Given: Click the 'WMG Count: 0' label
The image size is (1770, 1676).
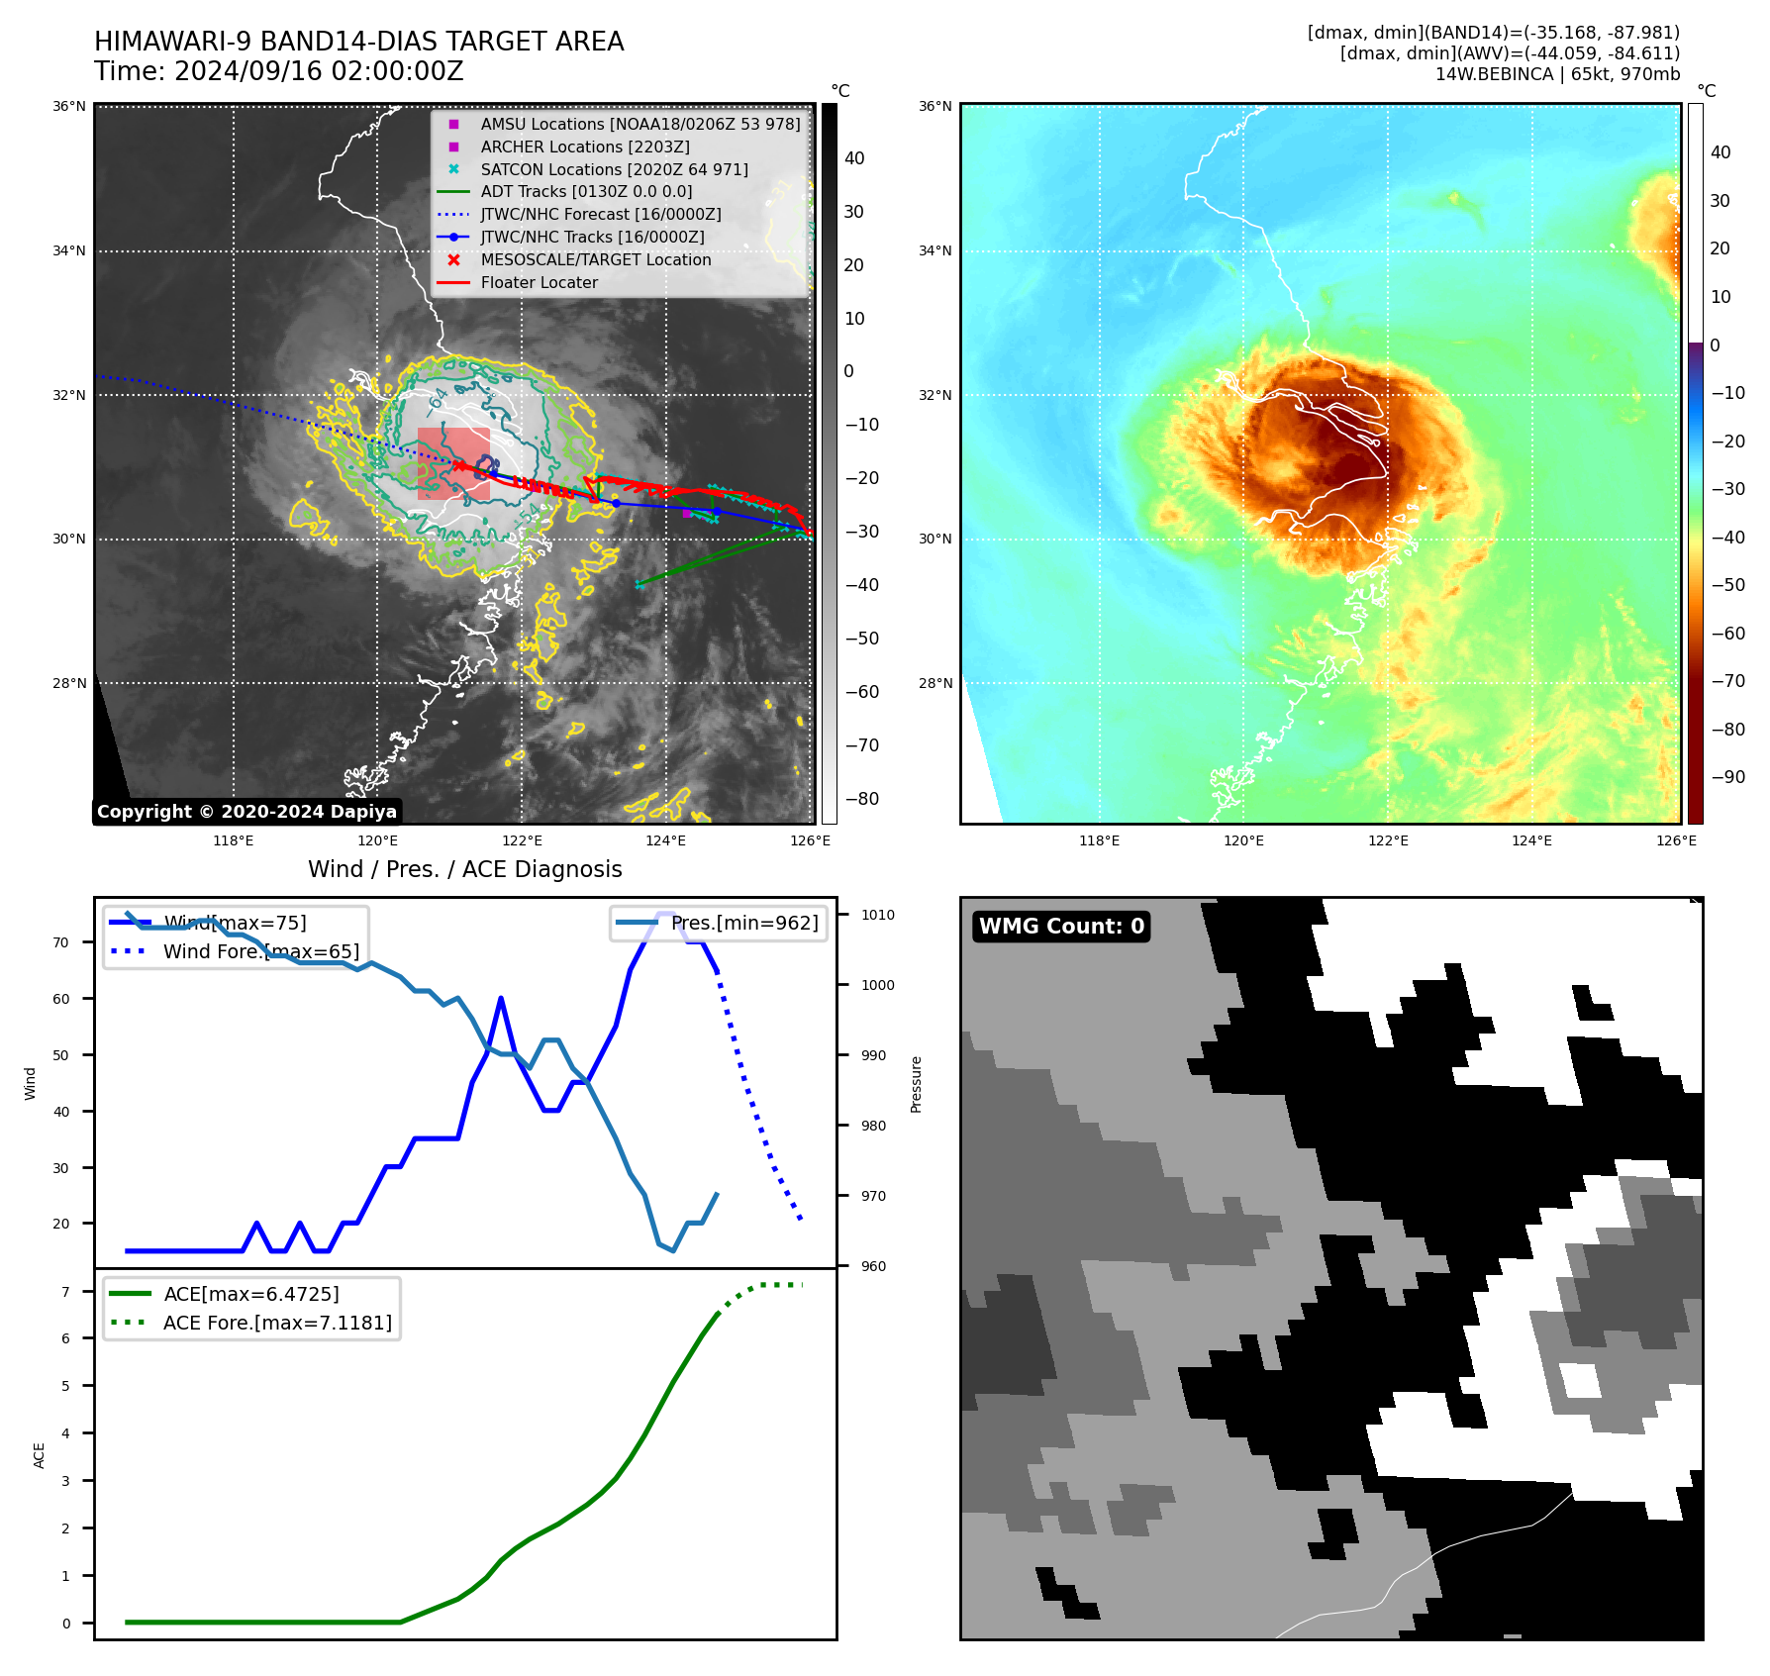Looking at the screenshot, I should pyautogui.click(x=1061, y=927).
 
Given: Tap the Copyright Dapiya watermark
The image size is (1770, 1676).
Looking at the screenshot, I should pyautogui.click(x=246, y=812).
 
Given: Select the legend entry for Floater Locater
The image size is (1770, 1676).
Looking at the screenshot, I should pyautogui.click(x=539, y=283).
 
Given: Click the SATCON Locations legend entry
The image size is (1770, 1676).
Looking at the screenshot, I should pyautogui.click(x=614, y=170).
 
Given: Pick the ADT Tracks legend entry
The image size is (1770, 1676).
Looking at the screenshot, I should pyautogui.click(x=586, y=192).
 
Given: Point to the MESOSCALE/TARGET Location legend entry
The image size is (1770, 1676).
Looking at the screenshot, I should pyautogui.click(x=595, y=260).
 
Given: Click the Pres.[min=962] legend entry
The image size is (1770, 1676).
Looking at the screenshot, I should pyautogui.click(x=743, y=924).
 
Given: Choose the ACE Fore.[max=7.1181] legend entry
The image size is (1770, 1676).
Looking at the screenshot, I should pyautogui.click(x=277, y=1324).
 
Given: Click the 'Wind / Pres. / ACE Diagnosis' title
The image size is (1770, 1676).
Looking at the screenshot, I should pyautogui.click(x=464, y=869).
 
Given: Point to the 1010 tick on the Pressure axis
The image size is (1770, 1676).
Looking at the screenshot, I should pyautogui.click(x=877, y=916).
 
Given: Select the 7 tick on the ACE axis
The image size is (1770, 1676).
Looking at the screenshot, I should pyautogui.click(x=65, y=1292).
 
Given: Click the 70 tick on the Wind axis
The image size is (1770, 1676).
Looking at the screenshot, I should pyautogui.click(x=61, y=943).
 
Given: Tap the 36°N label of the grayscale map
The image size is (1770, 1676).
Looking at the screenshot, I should pyautogui.click(x=69, y=107).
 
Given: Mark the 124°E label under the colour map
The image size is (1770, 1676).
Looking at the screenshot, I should pyautogui.click(x=1531, y=841).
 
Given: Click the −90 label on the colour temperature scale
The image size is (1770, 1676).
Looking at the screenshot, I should pyautogui.click(x=1727, y=777).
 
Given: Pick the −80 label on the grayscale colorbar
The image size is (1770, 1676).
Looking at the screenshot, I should pyautogui.click(x=861, y=799).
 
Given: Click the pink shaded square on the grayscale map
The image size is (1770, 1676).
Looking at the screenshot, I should pyautogui.click(x=453, y=463).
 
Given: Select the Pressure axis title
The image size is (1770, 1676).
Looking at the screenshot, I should pyautogui.click(x=917, y=1084).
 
